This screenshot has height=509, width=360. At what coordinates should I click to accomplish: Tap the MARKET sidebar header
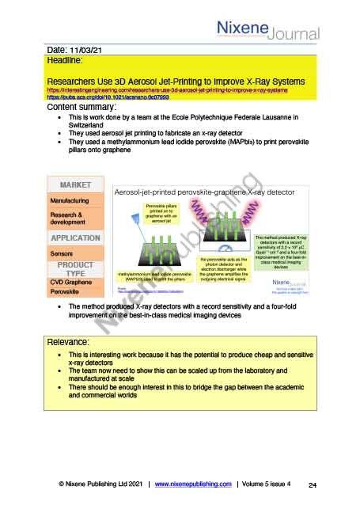tap(76, 184)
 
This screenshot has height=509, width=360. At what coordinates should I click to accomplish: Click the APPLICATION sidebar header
tap(76, 237)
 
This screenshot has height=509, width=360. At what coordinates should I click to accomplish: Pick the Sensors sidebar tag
tap(63, 253)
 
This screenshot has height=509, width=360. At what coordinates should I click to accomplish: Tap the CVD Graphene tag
tap(74, 281)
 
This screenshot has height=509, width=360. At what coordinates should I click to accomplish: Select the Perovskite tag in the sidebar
tap(65, 292)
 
